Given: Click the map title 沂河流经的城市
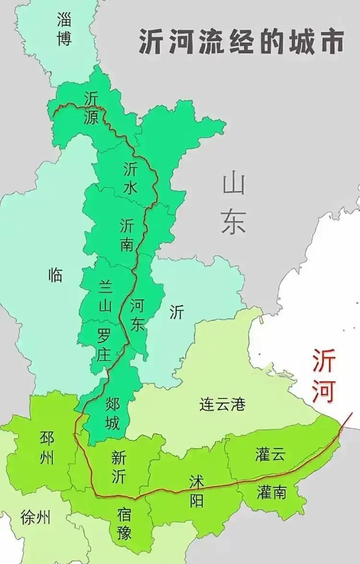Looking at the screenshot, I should pyautogui.click(x=241, y=41).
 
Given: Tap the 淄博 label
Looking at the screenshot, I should pyautogui.click(x=64, y=29).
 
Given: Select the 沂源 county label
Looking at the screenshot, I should pyautogui.click(x=91, y=108).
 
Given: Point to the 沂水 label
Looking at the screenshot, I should pyautogui.click(x=130, y=178).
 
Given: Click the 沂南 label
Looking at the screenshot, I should pyautogui.click(x=127, y=235).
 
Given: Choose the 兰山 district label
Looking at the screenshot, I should pyautogui.click(x=105, y=295).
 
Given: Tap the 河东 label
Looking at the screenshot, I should pyautogui.click(x=137, y=314).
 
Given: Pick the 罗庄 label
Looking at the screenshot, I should pyautogui.click(x=104, y=346).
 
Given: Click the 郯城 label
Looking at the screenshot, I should pyautogui.click(x=112, y=414).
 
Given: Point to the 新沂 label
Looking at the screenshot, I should pyautogui.click(x=119, y=467).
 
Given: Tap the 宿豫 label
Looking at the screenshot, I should pyautogui.click(x=124, y=524).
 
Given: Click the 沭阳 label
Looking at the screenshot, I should pyautogui.click(x=196, y=490).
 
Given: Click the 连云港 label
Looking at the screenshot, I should pyautogui.click(x=222, y=405).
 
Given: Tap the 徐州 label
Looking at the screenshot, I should pyautogui.click(x=36, y=518).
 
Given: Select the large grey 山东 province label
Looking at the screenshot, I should pyautogui.click(x=234, y=204).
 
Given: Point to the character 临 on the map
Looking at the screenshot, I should pyautogui.click(x=56, y=275).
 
